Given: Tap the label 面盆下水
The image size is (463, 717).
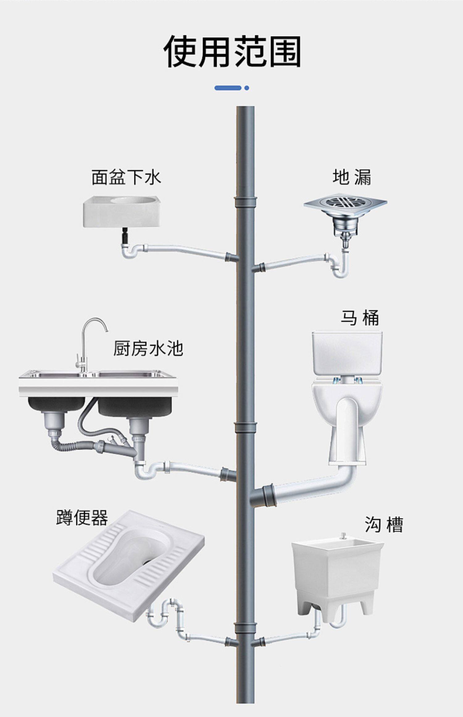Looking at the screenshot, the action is click(x=126, y=178).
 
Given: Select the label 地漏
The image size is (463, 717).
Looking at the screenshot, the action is click(x=352, y=178).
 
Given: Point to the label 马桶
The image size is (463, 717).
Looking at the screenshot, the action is click(x=360, y=318).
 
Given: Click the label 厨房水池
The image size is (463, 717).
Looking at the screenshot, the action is click(x=148, y=349).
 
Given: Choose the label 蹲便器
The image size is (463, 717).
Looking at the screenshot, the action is click(x=82, y=518).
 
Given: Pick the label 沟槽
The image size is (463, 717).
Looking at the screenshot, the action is click(x=384, y=525).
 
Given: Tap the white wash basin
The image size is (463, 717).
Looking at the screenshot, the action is click(x=122, y=211).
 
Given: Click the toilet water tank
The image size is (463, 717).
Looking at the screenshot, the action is click(x=347, y=354).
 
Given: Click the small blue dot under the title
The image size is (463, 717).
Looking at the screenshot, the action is click(x=246, y=88).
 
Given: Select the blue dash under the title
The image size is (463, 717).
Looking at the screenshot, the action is click(x=228, y=88).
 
